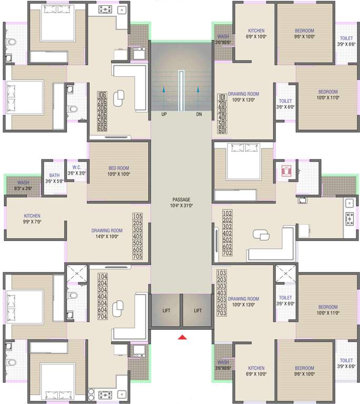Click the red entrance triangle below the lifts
[182, 337]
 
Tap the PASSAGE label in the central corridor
[181, 200]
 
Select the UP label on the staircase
[164, 114]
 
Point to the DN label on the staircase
[199, 114]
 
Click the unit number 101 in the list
[222, 97]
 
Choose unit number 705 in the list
[138, 257]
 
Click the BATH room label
[54, 175]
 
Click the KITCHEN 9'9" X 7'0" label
[32, 216]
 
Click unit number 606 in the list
[102, 128]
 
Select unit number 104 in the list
[102, 276]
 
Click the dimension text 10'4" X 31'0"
[181, 206]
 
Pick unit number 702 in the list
[227, 253]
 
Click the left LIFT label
[167, 311]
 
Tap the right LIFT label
[198, 311]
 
